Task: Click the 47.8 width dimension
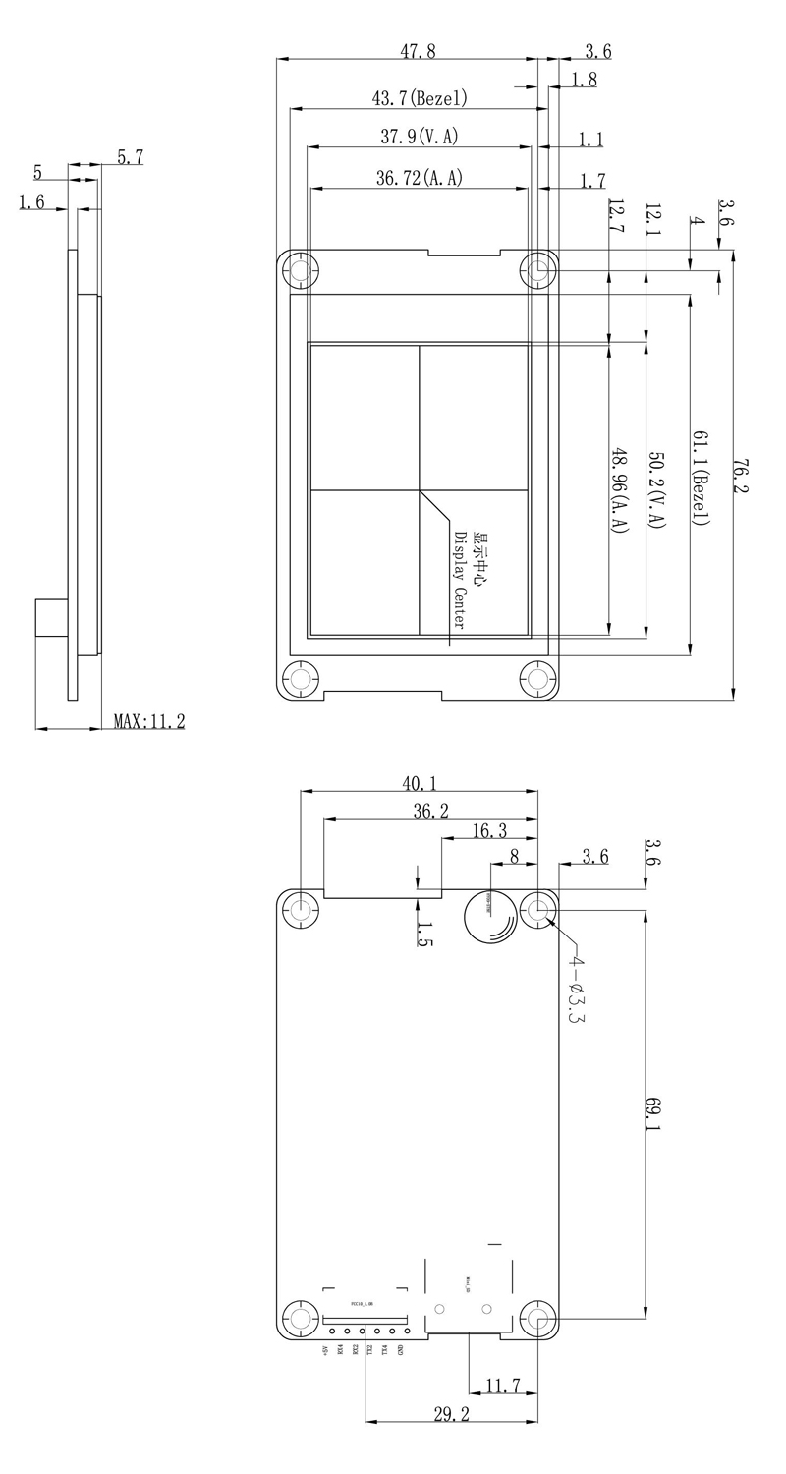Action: (417, 52)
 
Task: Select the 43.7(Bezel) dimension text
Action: (419, 98)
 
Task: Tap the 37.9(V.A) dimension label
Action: (420, 138)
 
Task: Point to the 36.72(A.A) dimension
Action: (419, 178)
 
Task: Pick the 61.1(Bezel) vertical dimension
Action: (700, 477)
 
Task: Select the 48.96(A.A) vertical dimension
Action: (619, 490)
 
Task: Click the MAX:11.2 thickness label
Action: (148, 721)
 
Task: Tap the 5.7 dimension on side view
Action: (130, 156)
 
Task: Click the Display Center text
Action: (459, 580)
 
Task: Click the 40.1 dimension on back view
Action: (420, 783)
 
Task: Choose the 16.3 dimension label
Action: (489, 831)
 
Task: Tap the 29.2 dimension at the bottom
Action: (451, 1413)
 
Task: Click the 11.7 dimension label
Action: (503, 1386)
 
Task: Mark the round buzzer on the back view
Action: (490, 917)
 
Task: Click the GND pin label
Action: (400, 1350)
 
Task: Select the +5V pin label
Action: (325, 1351)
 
